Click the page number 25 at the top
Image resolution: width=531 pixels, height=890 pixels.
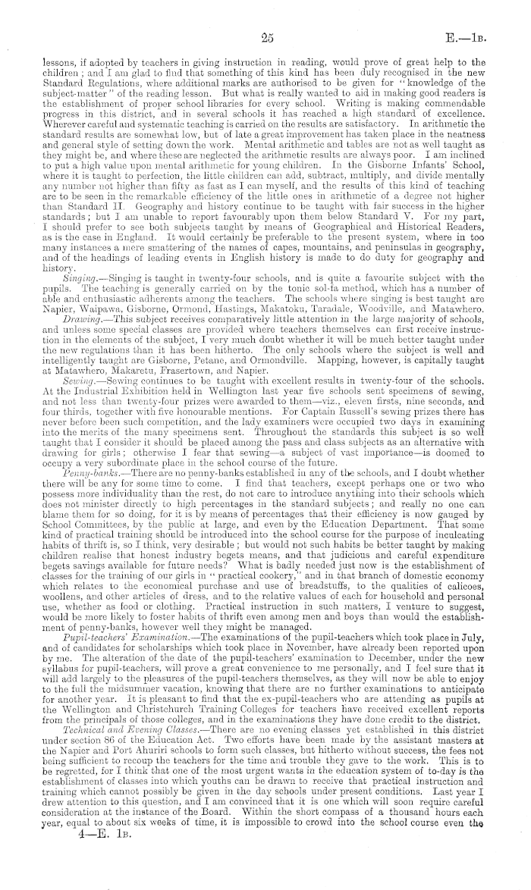point(265,34)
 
